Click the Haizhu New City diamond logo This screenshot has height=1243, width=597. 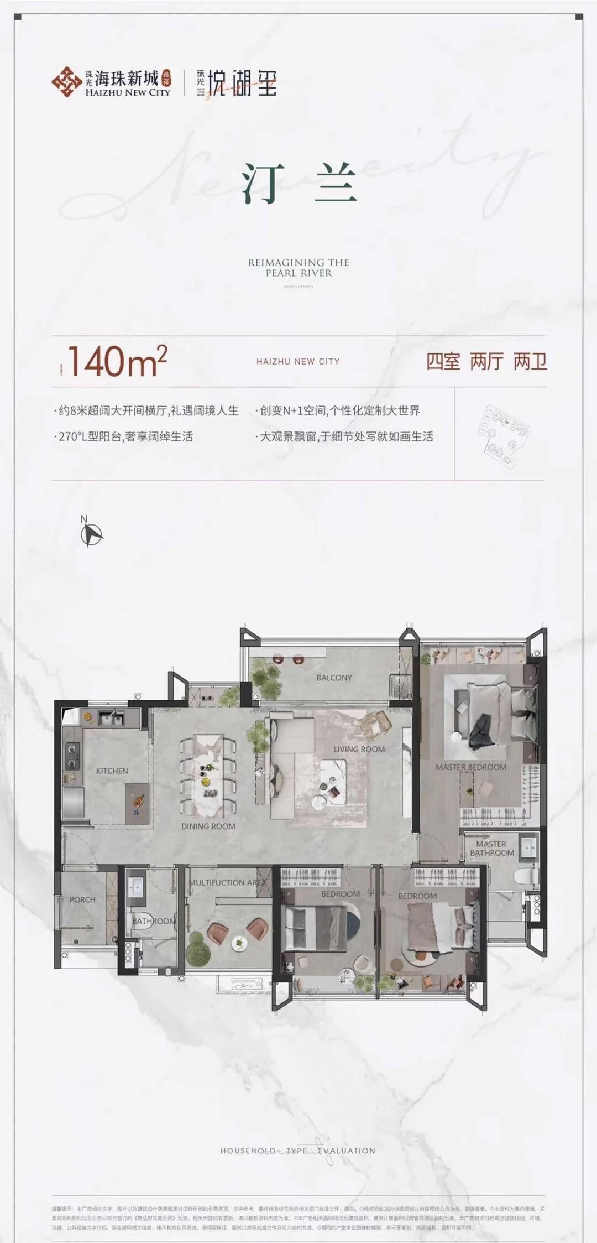point(66,82)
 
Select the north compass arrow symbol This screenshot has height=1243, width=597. point(91,534)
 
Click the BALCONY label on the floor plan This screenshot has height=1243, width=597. point(334,678)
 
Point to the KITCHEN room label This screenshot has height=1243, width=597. point(112,771)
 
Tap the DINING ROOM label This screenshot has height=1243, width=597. point(208,826)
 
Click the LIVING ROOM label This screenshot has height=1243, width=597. point(359,749)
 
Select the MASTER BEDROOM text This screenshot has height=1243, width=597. point(470,767)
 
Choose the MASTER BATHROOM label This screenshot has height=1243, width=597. point(491,848)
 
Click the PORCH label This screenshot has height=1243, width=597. point(82,899)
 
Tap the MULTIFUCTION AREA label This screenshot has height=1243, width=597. point(228,882)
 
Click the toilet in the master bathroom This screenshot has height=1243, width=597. point(525,876)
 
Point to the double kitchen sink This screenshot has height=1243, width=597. point(111,719)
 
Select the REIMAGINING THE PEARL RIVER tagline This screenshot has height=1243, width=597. point(298,267)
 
